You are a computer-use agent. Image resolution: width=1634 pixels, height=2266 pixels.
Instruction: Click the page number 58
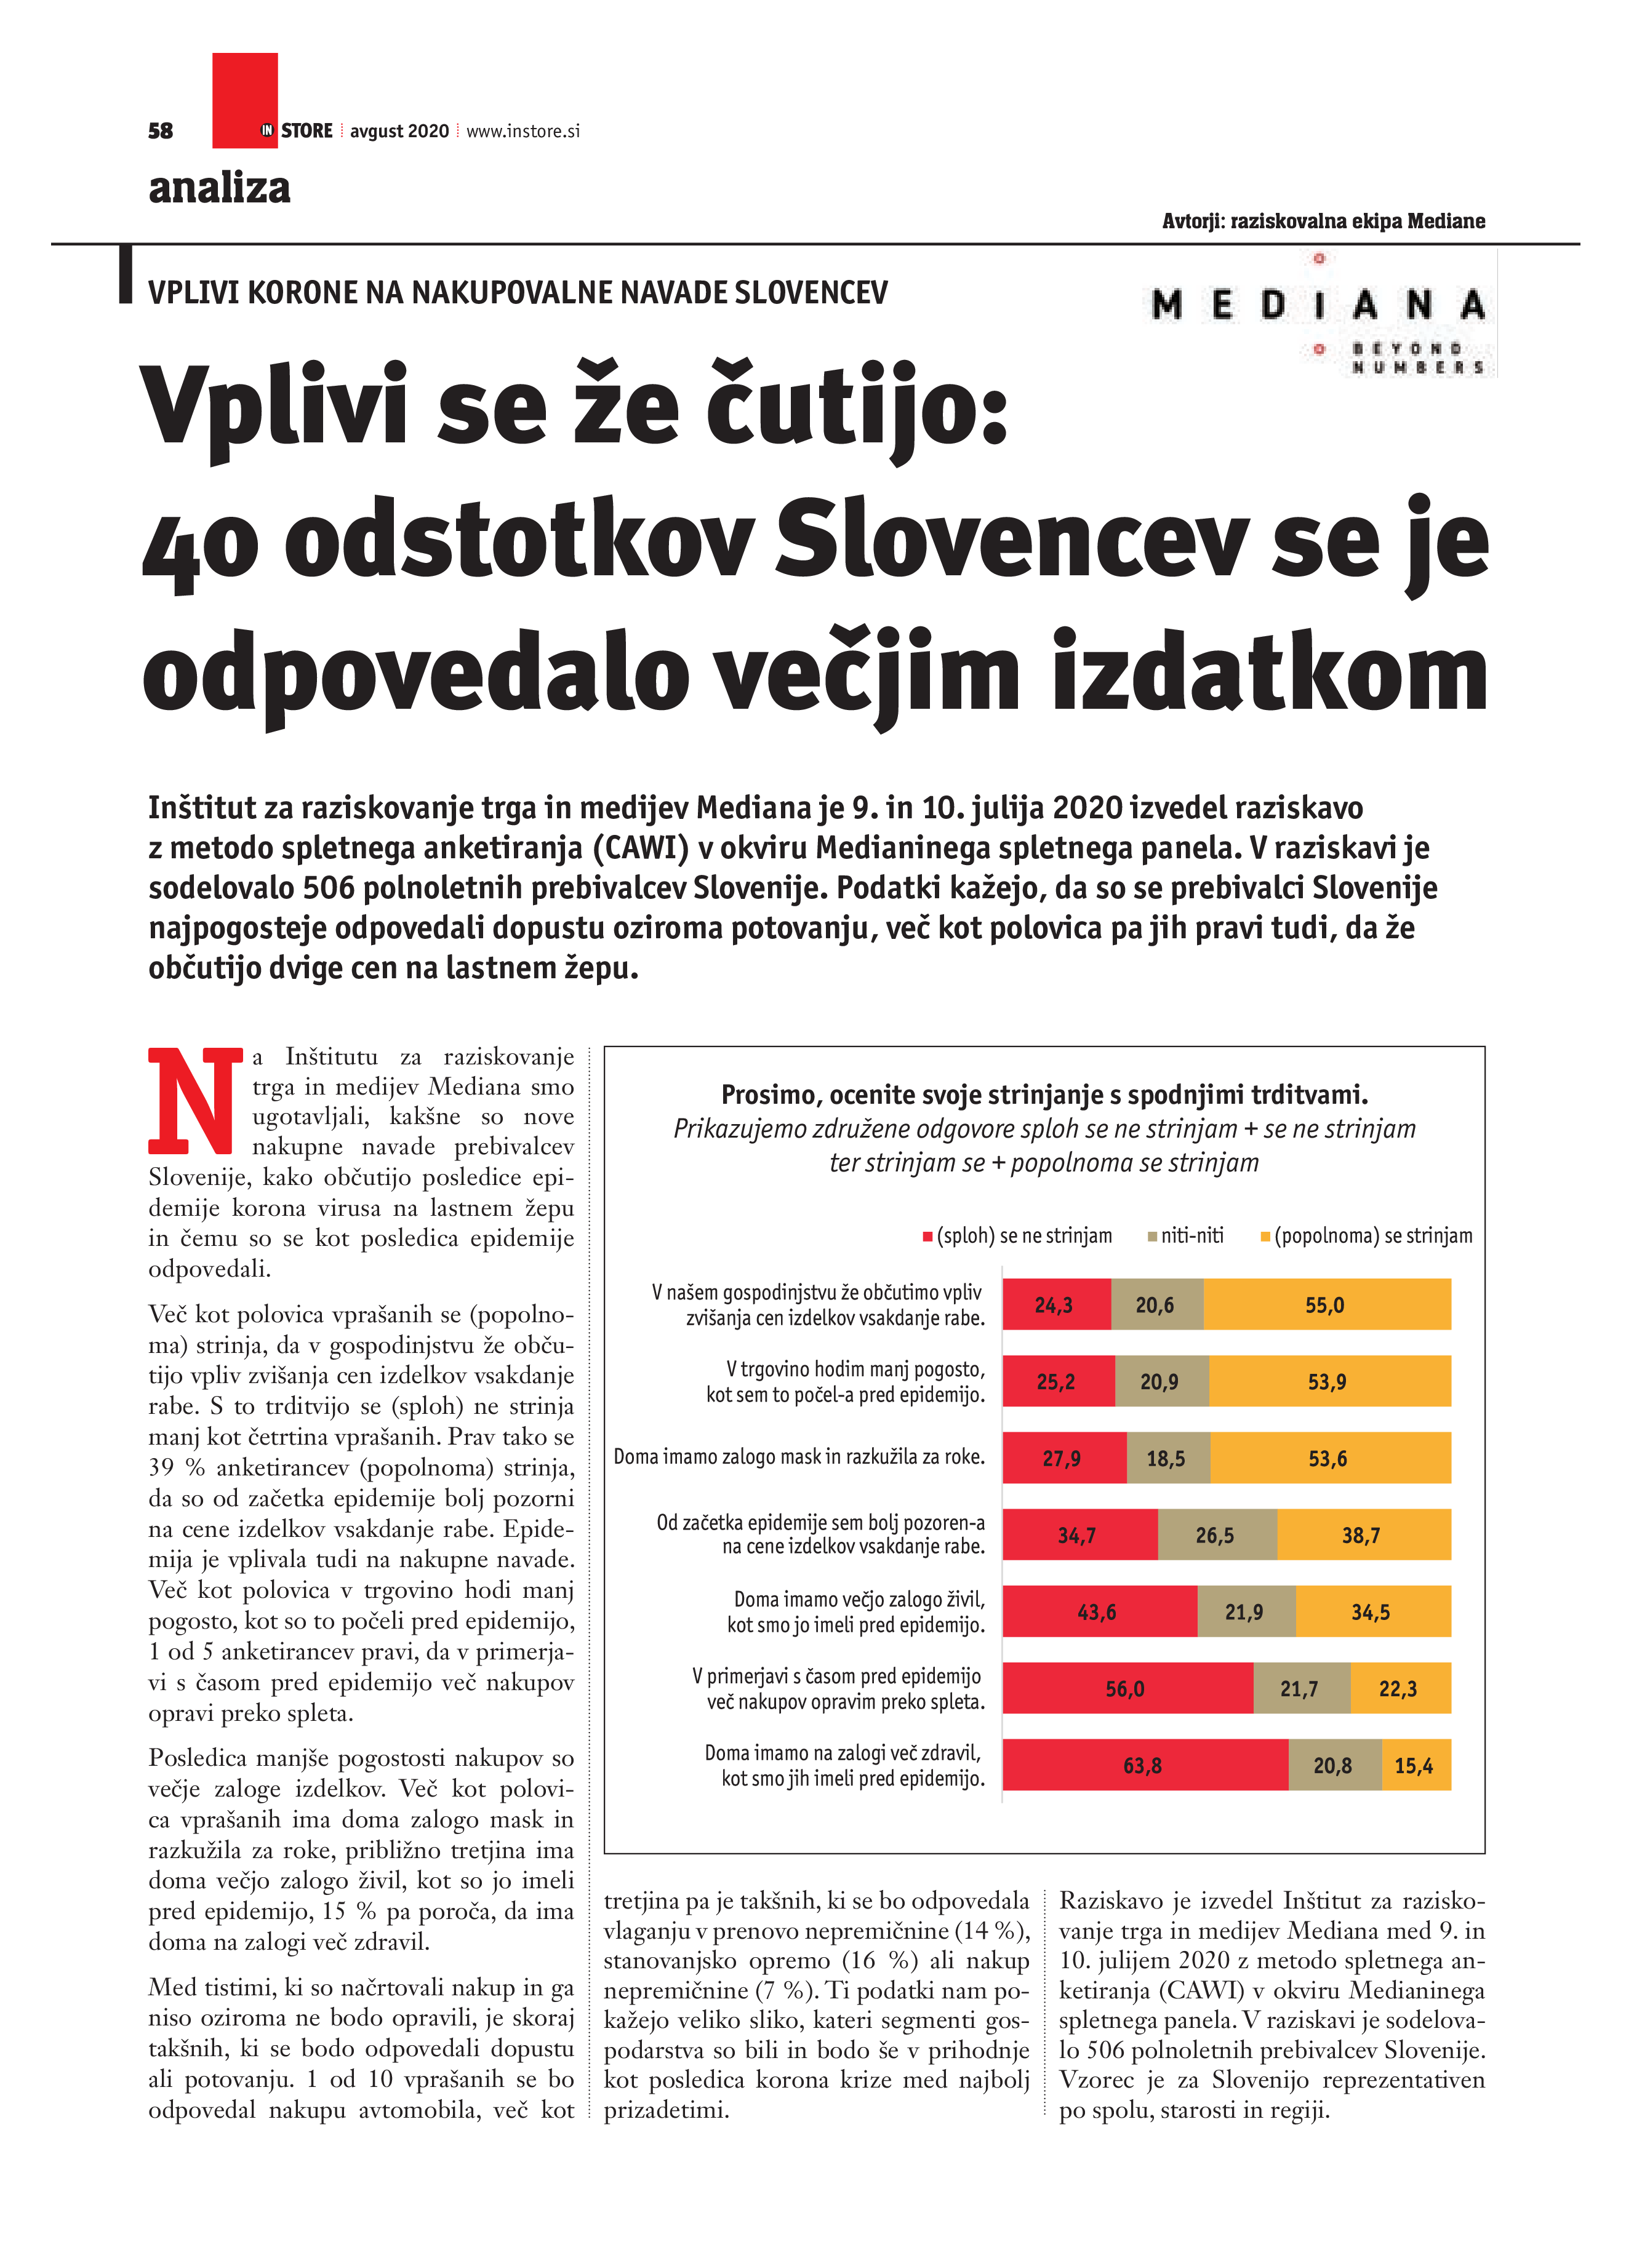[x=160, y=131]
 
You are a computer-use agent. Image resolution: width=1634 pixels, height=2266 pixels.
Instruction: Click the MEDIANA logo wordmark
[x=1317, y=305]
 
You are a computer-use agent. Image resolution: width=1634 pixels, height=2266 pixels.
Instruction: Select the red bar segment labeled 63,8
[x=1144, y=1765]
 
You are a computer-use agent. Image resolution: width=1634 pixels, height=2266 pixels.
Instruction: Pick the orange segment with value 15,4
[x=1415, y=1765]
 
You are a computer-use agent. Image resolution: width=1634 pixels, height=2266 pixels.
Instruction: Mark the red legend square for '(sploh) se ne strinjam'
[x=927, y=1237]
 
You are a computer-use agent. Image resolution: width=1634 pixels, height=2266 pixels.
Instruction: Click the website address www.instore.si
[x=523, y=131]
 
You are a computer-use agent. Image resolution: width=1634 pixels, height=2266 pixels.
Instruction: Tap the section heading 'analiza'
[x=219, y=188]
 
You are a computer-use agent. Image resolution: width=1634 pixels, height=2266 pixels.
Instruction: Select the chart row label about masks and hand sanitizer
[x=798, y=1458]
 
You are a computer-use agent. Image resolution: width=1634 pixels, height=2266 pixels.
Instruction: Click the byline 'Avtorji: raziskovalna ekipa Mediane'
[x=1323, y=221]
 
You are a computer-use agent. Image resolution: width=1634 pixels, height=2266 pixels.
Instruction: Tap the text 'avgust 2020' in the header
[x=399, y=131]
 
